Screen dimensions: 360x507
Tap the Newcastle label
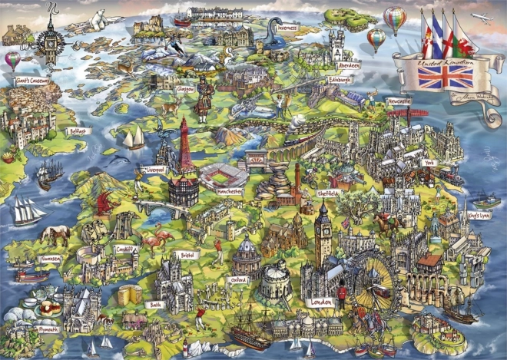[x=399, y=101]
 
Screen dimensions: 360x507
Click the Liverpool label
[x=155, y=170]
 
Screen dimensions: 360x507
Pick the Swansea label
[x=52, y=259]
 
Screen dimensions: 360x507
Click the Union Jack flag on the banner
[x=444, y=75]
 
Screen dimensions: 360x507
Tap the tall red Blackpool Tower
[x=185, y=146]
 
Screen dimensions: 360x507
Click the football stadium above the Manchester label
[x=224, y=174]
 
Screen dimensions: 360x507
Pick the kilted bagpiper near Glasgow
[x=203, y=100]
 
